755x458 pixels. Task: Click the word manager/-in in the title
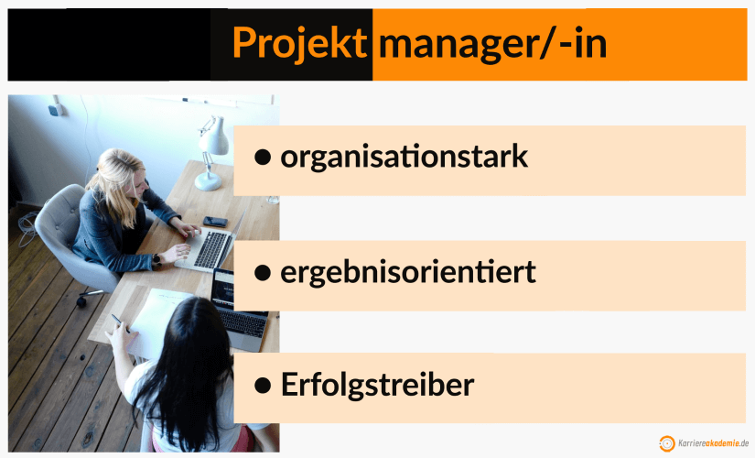tap(493, 43)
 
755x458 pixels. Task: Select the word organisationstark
tap(404, 157)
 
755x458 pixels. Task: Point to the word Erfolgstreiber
tap(377, 385)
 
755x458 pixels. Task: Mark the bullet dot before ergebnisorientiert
tap(263, 272)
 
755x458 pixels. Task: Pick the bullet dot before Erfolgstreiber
tap(263, 386)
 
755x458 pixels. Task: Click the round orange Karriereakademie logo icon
tap(667, 443)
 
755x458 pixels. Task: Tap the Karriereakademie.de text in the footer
tap(713, 443)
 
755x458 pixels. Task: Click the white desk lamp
tap(211, 151)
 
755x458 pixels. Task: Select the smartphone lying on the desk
tap(215, 222)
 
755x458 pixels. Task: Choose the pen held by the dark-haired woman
tap(116, 321)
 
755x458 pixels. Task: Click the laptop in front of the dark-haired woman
tap(239, 307)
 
